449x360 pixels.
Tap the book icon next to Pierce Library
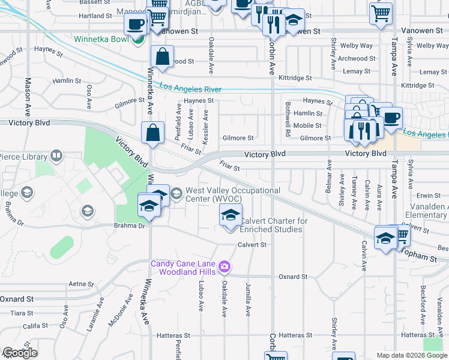click(x=56, y=157)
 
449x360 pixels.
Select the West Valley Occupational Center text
click(x=232, y=194)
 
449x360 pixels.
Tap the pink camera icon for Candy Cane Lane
click(x=224, y=266)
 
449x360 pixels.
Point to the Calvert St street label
click(x=252, y=245)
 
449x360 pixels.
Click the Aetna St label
click(x=82, y=284)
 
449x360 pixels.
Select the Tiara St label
click(x=22, y=313)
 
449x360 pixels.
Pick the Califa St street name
click(x=35, y=326)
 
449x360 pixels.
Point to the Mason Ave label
click(x=28, y=97)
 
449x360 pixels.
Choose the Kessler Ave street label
click(x=206, y=126)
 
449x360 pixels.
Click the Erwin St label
click(x=429, y=196)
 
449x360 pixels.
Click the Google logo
click(x=20, y=353)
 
